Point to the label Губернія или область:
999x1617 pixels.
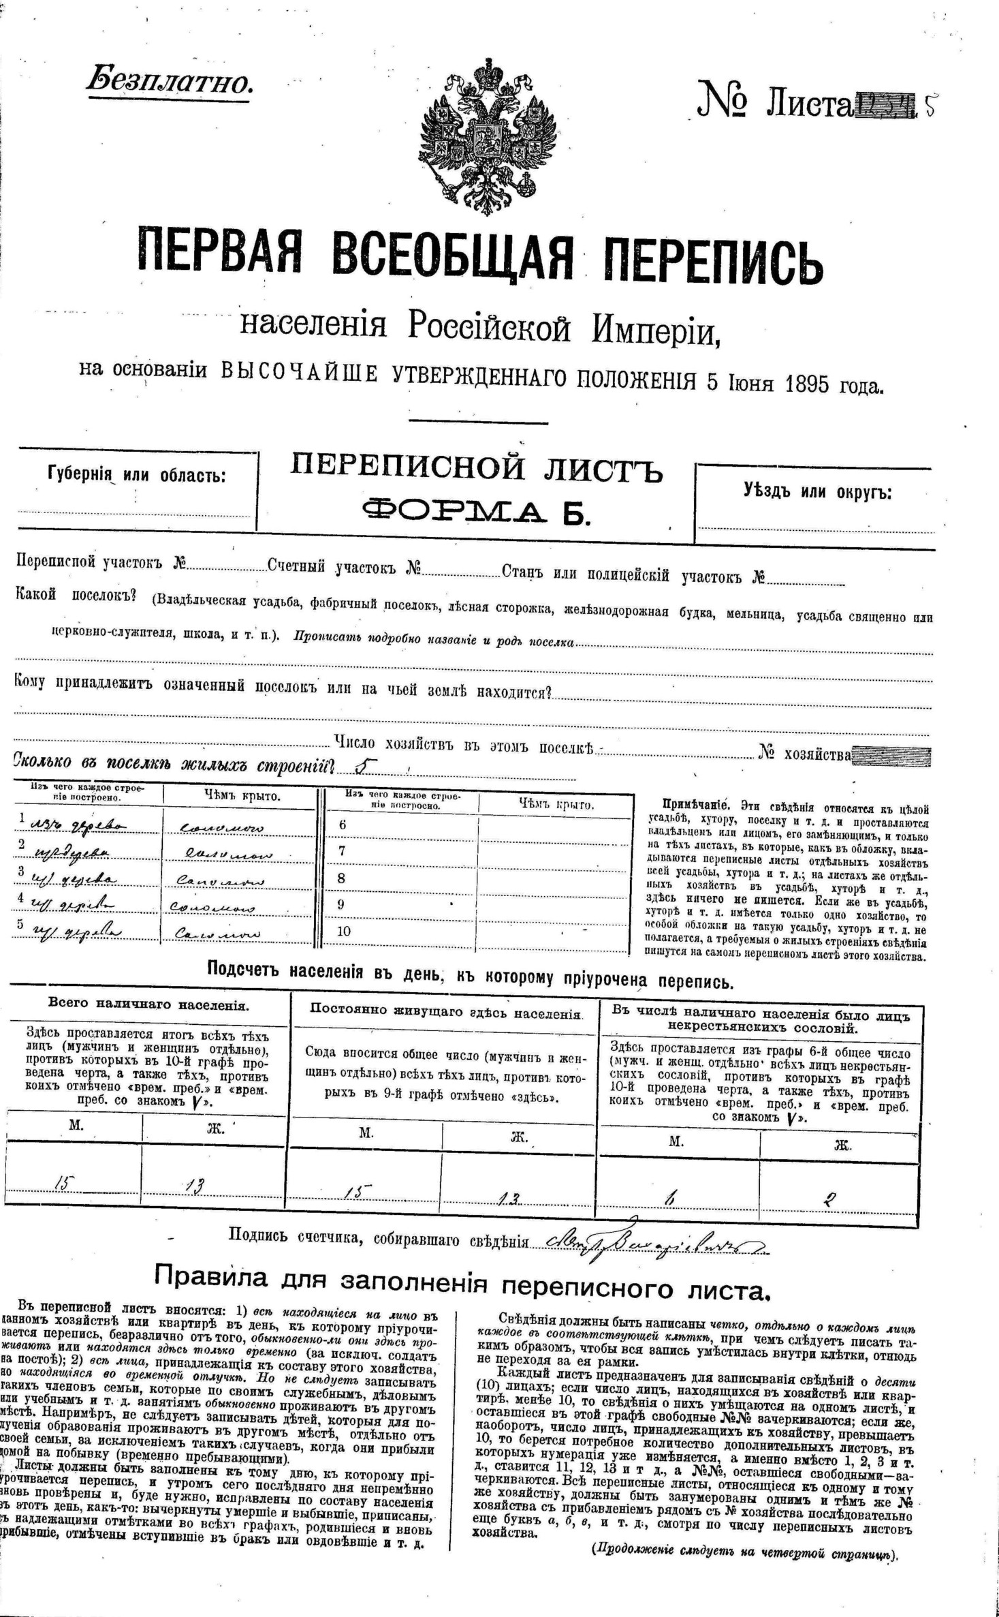point(136,474)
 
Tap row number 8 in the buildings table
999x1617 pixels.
point(342,878)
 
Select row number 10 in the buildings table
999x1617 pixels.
point(344,931)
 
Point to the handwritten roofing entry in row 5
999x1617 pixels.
point(215,933)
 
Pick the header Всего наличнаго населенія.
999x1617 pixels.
point(148,1005)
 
